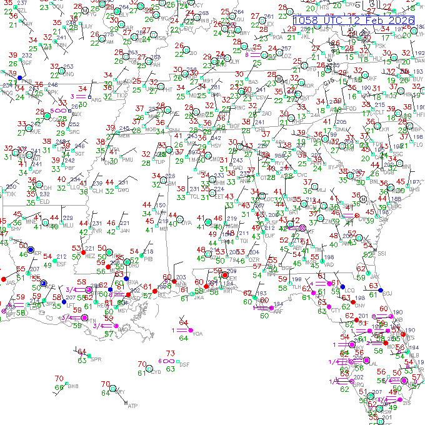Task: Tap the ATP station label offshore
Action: [132, 406]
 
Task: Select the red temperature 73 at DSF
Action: [170, 354]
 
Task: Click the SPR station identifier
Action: [96, 359]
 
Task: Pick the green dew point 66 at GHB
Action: [58, 388]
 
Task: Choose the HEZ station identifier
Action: [90, 256]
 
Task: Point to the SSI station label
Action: [382, 254]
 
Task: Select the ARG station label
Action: [96, 99]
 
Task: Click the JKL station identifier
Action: [306, 36]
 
